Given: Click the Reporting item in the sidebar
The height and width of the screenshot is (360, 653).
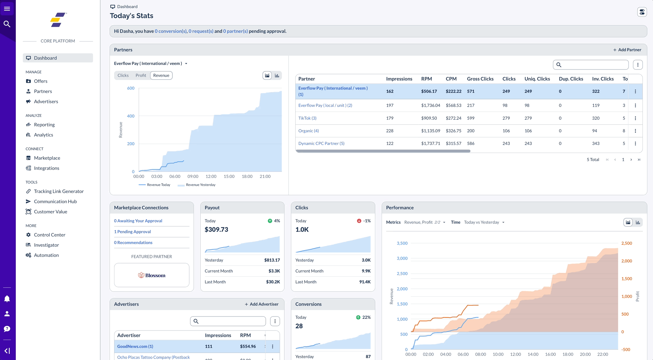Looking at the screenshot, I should point(44,125).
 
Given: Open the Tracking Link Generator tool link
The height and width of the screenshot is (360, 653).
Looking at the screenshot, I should point(59,191).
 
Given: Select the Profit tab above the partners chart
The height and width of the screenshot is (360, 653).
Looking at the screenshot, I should point(141,75).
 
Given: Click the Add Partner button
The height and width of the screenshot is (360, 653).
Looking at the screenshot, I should point(627,50).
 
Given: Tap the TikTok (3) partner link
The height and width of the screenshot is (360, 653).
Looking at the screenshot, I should point(307,118).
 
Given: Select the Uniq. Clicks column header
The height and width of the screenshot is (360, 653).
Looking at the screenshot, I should point(537,79).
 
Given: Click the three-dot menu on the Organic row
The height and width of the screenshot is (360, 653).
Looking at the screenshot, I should point(635,131).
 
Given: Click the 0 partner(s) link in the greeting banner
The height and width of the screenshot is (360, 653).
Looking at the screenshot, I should point(235,31).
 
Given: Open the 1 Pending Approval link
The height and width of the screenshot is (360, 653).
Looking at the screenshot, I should point(132,232).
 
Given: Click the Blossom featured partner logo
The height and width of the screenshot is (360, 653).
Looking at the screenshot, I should point(152,275).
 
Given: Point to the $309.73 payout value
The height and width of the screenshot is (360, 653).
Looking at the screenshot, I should point(216,229).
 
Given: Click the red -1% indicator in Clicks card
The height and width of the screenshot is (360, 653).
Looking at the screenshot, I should point(364,221).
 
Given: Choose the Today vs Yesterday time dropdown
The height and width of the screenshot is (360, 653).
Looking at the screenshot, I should point(484,222).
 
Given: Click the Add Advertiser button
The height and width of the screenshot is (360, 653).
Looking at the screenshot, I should point(262,304).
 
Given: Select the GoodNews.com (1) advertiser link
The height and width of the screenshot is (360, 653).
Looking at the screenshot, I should point(135,346).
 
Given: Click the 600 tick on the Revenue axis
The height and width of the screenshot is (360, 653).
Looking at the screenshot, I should point(131,88).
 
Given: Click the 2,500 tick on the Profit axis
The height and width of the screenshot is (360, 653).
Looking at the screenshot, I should point(626,243).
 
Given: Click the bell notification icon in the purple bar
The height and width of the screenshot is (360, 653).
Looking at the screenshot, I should point(7,299).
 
